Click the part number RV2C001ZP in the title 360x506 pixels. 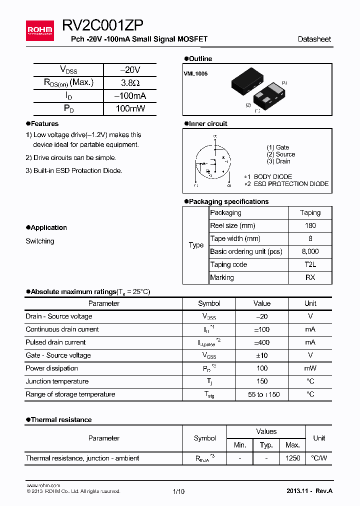click(103, 26)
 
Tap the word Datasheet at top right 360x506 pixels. click(314, 39)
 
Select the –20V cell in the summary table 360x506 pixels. click(130, 70)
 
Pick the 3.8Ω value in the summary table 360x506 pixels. click(130, 83)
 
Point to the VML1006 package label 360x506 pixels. click(195, 73)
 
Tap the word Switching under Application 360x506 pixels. click(40, 241)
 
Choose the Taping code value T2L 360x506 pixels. click(310, 264)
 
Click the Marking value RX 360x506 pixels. click(310, 277)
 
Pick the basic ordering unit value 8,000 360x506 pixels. click(310, 251)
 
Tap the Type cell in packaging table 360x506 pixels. click(196, 245)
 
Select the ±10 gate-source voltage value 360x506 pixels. click(261, 355)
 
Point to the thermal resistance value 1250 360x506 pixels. click(292, 458)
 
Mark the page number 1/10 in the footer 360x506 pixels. click(178, 491)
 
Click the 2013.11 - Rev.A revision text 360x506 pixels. click(309, 491)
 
